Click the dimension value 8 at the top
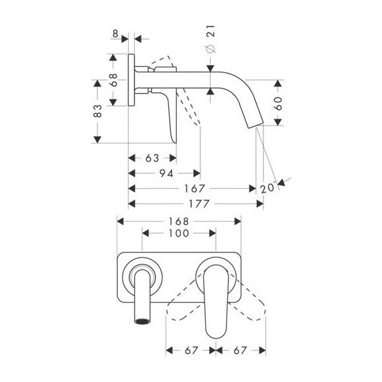pos(115,34)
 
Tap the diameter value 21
pos(210,31)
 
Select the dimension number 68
pos(113,80)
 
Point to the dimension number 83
pos(97,111)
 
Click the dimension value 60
pos(278,103)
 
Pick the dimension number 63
pos(152,158)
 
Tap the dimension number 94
pos(166,174)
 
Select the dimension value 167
pos(194,188)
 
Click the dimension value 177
pos(199,204)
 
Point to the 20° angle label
pos(268,188)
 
